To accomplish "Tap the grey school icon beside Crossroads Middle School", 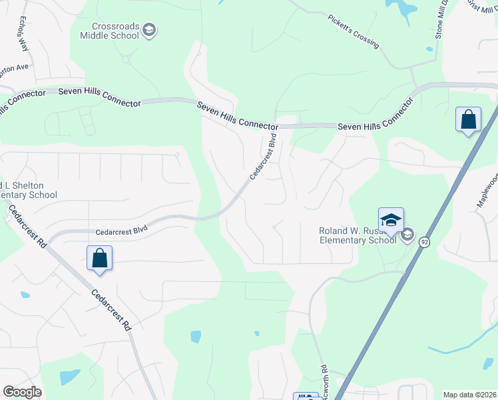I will [150, 29].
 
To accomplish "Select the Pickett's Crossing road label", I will [353, 31].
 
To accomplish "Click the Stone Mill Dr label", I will [439, 20].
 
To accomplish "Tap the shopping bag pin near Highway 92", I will [468, 121].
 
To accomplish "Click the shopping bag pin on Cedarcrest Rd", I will [99, 259].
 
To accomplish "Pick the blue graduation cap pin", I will [391, 221].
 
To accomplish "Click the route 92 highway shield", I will [423, 243].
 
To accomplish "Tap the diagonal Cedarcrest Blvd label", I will [263, 158].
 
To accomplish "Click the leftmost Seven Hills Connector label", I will [100, 97].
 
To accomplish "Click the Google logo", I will [22, 392].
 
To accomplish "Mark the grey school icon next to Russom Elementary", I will [407, 235].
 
